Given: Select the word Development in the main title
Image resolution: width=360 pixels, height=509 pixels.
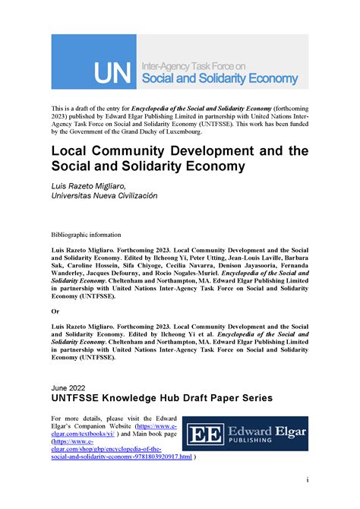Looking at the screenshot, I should click(x=215, y=150).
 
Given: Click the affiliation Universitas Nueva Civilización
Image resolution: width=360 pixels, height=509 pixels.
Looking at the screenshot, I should click(x=104, y=195).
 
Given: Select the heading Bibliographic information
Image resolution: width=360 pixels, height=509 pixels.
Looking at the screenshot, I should click(x=85, y=236).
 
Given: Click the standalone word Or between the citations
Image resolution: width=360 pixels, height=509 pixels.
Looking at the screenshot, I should click(x=55, y=310).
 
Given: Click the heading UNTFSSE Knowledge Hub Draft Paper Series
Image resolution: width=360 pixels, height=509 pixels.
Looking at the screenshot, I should click(x=161, y=398).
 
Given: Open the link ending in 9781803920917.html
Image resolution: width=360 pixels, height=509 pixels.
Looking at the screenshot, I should click(x=122, y=458).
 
